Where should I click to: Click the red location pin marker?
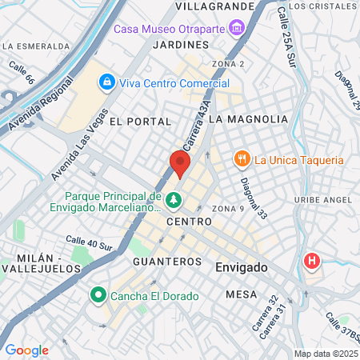[x=180, y=165]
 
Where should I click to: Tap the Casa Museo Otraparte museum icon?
[x=236, y=30]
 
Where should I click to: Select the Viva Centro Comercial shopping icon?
[x=106, y=82]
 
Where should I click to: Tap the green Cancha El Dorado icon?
[x=98, y=295]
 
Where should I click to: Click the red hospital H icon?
[x=310, y=261]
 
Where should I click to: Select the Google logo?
[x=27, y=350]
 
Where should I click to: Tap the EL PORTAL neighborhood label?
[x=141, y=122]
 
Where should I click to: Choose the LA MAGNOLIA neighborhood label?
[x=247, y=119]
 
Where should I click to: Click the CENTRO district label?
[x=189, y=221]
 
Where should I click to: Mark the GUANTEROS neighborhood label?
[x=167, y=262]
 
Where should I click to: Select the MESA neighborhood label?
[x=241, y=294]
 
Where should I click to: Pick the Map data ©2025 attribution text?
[x=324, y=354]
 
